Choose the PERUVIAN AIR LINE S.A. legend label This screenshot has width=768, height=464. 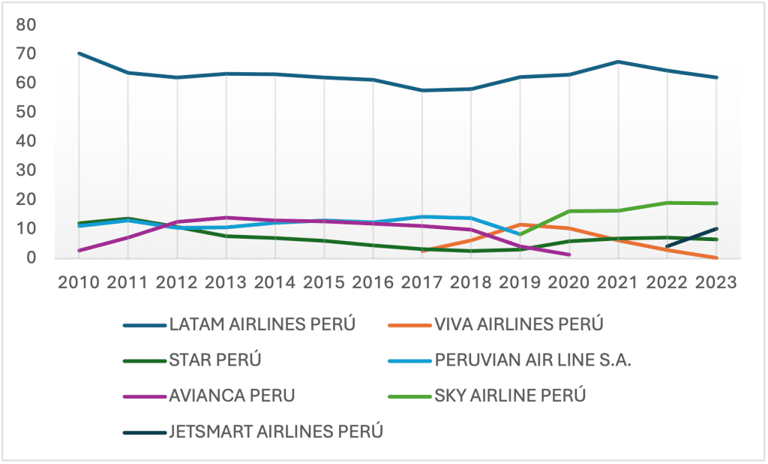pyautogui.click(x=533, y=360)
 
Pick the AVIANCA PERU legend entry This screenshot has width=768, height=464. pyautogui.click(x=233, y=395)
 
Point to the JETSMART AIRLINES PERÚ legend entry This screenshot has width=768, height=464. pyautogui.click(x=276, y=431)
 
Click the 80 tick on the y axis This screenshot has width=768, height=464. pyautogui.click(x=26, y=25)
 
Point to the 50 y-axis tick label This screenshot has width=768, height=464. pyautogui.click(x=26, y=112)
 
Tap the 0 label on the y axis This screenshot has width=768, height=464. pyautogui.click(x=31, y=258)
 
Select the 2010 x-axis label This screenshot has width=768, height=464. pyautogui.click(x=79, y=282)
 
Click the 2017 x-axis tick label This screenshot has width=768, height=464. pyautogui.click(x=422, y=282)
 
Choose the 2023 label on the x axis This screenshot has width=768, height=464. pyautogui.click(x=716, y=282)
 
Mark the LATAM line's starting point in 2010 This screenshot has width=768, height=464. pyautogui.click(x=79, y=53)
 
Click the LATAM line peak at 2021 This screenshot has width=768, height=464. pyautogui.click(x=618, y=62)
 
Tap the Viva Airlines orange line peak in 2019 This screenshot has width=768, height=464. pyautogui.click(x=520, y=224)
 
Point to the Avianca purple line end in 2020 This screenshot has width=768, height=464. pyautogui.click(x=569, y=255)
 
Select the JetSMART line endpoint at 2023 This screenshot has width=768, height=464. pyautogui.click(x=716, y=229)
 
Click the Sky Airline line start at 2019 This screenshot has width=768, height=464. pyautogui.click(x=520, y=234)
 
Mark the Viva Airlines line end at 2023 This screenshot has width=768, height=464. pyautogui.click(x=716, y=258)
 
